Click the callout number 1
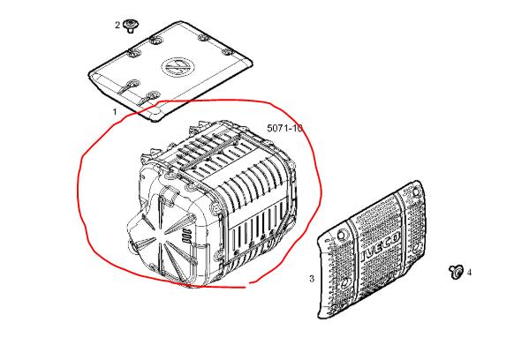(115, 111)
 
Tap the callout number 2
(117, 25)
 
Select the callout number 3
(312, 279)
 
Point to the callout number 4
(469, 272)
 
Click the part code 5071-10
(284, 128)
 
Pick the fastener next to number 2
(129, 26)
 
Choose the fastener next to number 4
(456, 272)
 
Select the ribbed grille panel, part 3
(371, 250)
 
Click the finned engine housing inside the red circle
(213, 202)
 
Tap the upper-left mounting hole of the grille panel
(342, 235)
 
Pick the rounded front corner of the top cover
(155, 116)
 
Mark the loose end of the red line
(249, 283)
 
